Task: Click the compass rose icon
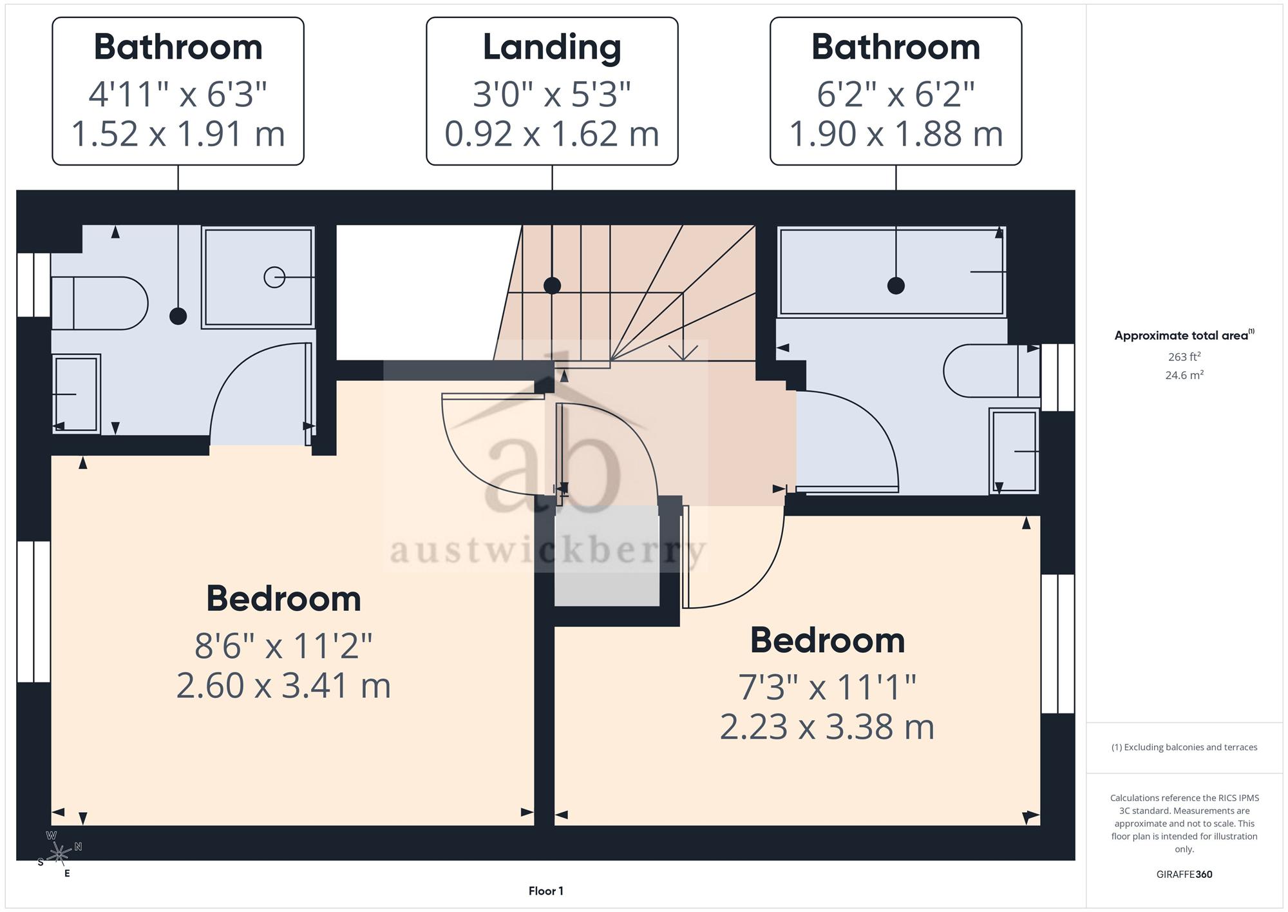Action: coord(59,854)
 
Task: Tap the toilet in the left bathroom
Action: coord(99,303)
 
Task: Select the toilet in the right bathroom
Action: coord(991,371)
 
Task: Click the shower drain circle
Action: coord(274,277)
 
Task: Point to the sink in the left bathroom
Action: coord(76,393)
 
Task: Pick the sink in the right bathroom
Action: coord(1014,451)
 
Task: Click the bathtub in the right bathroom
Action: coord(892,271)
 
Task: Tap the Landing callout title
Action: coord(552,47)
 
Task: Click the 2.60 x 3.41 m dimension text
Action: coord(283,685)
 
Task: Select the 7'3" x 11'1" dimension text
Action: coord(827,686)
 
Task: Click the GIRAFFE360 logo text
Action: coord(1184,875)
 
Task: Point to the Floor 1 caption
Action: coord(545,891)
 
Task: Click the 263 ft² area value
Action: coord(1184,356)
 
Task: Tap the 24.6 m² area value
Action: coord(1184,374)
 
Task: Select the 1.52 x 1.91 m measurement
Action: coord(178,134)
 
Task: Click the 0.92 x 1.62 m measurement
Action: coord(552,134)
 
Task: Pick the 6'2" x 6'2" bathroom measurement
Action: coord(896,94)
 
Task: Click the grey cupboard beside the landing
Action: coord(607,556)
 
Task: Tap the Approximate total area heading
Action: coord(1184,335)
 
